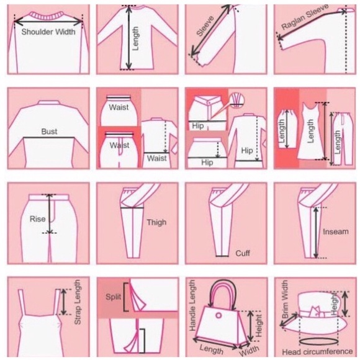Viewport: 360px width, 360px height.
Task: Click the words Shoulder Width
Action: point(48,32)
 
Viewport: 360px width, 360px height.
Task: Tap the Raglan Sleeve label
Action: point(305,17)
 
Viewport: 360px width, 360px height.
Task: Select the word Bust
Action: point(49,132)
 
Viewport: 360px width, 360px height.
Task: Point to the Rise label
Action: point(37,219)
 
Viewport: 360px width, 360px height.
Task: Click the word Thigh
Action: point(156,222)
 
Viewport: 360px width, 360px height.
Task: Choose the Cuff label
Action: point(243,253)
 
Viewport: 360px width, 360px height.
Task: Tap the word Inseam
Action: point(336,232)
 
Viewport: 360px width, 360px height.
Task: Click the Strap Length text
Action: point(78,302)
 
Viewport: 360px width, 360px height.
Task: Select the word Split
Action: point(113,297)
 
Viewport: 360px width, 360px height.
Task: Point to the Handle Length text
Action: point(192,305)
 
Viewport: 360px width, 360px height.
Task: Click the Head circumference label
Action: point(317,351)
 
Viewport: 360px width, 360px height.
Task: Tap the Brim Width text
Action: point(285,299)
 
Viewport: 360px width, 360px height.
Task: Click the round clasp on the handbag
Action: point(218,315)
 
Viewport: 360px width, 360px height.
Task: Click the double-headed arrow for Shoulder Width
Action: point(48,22)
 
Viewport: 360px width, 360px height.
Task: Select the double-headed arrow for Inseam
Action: point(316,233)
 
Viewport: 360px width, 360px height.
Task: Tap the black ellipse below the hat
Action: point(318,341)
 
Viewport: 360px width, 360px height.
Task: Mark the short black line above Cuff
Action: point(222,256)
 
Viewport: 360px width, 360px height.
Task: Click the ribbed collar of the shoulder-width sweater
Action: point(48,16)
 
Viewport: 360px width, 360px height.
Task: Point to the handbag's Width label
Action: point(250,350)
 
